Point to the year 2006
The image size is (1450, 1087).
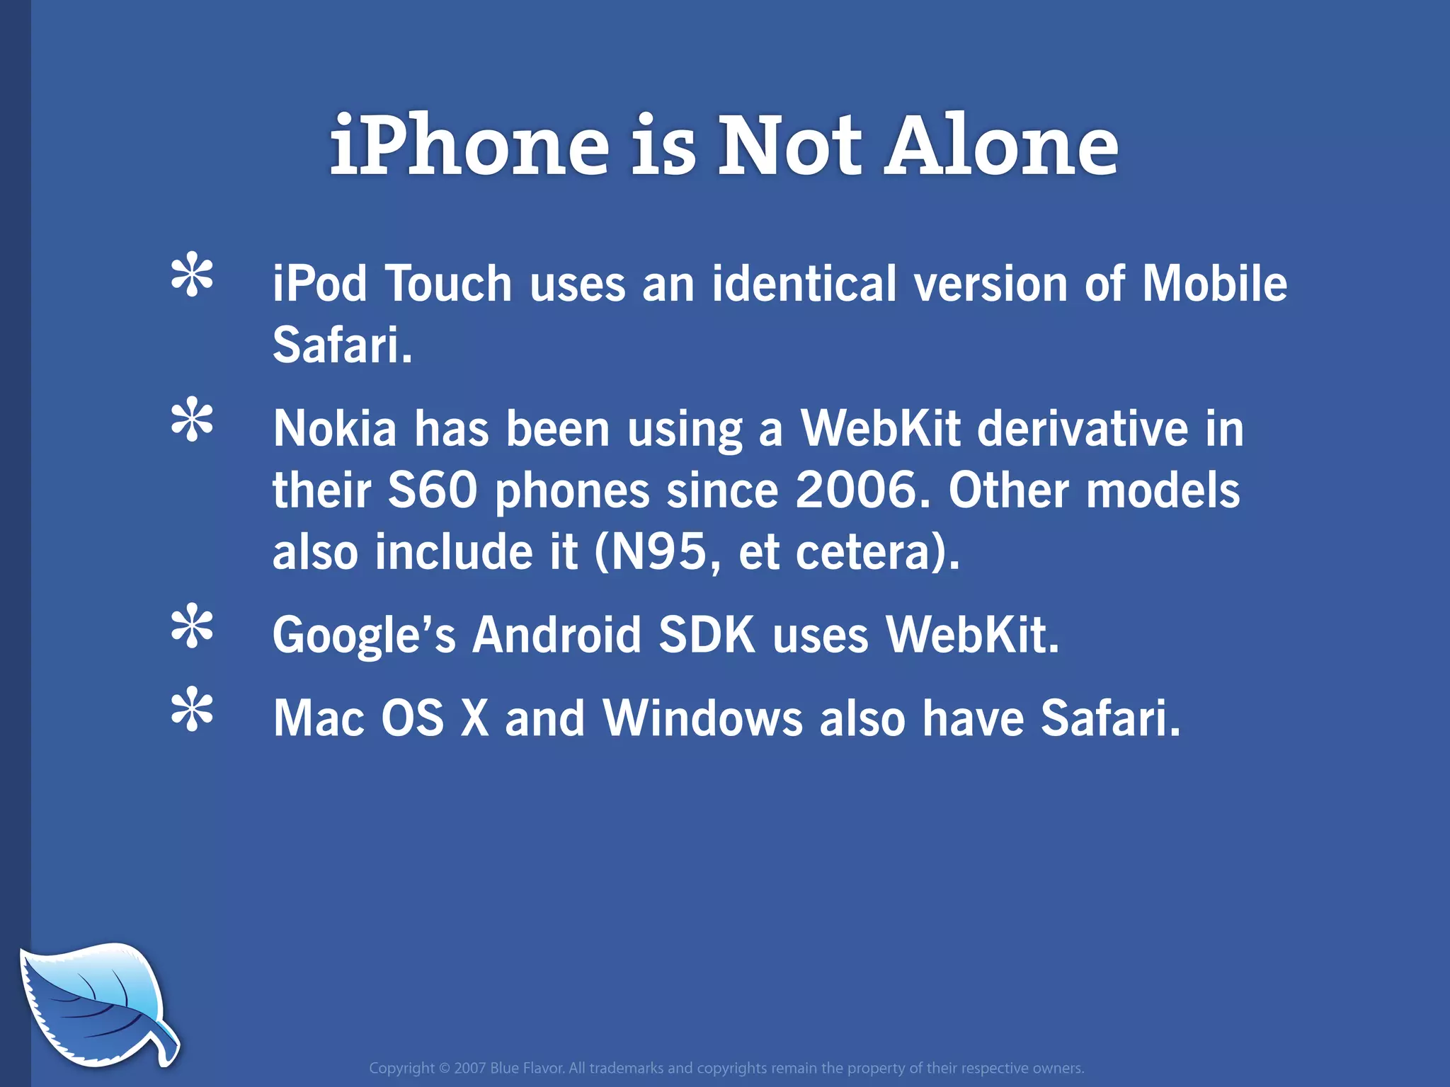coord(855,490)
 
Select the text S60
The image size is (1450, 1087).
coord(433,490)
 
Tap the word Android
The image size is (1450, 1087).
coord(556,634)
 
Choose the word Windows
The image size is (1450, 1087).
coord(702,718)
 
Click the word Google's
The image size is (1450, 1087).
coord(364,635)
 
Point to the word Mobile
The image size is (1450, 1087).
coord(1215,283)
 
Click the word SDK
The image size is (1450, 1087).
coord(707,634)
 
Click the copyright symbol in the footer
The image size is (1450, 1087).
coord(445,1068)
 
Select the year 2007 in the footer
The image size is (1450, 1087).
coord(470,1068)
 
